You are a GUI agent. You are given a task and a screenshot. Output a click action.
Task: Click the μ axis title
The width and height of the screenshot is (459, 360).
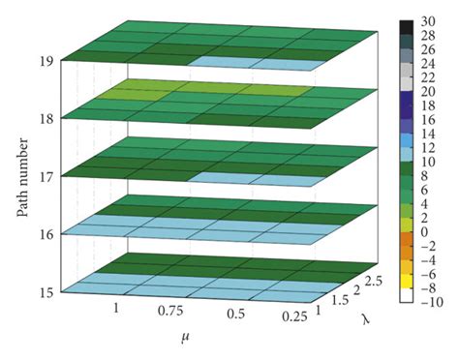click(x=182, y=338)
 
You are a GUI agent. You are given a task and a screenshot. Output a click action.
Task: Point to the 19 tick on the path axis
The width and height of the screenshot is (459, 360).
click(x=46, y=60)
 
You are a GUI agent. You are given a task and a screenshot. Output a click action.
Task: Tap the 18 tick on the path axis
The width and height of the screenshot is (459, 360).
click(x=46, y=117)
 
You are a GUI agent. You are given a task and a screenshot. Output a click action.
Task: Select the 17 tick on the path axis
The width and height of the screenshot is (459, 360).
click(x=46, y=175)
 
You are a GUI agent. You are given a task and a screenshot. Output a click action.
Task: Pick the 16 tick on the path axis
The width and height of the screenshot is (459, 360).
click(x=46, y=233)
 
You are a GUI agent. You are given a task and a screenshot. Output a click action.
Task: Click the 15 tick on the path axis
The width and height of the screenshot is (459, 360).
click(x=46, y=290)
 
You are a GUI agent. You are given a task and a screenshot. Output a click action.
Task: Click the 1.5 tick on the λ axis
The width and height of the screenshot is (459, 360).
click(x=335, y=300)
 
